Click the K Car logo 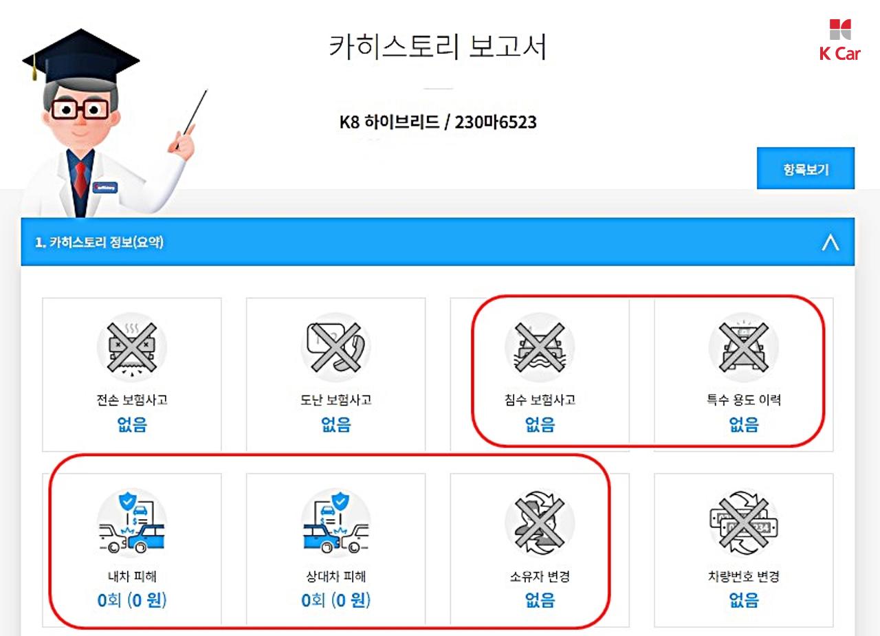[840, 40]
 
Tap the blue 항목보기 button [805, 168]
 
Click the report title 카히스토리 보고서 [438, 47]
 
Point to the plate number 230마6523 [496, 122]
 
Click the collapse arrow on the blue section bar [830, 242]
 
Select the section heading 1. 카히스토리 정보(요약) [99, 242]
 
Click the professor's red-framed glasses [80, 109]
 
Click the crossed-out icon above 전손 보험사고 [131, 347]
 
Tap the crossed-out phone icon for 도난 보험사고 [335, 347]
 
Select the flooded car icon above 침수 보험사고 [540, 347]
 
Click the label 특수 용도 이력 [744, 399]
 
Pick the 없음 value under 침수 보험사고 [540, 424]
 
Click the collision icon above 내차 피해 [131, 523]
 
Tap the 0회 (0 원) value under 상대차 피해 [336, 600]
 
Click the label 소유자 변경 [540, 576]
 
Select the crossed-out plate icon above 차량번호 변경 [743, 523]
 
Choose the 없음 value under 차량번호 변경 [744, 600]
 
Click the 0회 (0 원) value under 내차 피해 [132, 600]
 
